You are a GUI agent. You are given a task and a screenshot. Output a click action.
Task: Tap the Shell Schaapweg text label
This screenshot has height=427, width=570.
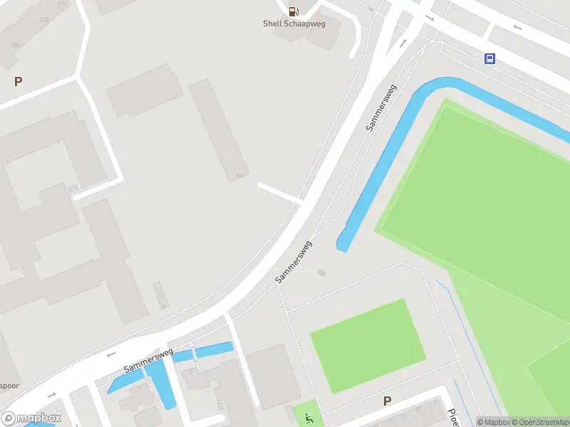pyautogui.click(x=293, y=23)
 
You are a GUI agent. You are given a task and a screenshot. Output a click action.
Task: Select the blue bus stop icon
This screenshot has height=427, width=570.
pyautogui.click(x=490, y=59)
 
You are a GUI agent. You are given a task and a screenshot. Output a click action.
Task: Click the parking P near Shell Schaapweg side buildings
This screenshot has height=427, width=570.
pyautogui.click(x=19, y=81)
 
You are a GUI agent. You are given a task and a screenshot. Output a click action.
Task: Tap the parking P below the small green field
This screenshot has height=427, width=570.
pyautogui.click(x=388, y=401)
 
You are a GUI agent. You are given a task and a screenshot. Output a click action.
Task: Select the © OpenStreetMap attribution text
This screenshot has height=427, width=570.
pyautogui.click(x=541, y=422)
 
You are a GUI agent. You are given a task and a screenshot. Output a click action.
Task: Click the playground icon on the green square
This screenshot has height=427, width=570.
pyautogui.click(x=309, y=418)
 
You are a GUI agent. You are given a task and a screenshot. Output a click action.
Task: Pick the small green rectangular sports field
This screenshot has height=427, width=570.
pyautogui.click(x=368, y=345)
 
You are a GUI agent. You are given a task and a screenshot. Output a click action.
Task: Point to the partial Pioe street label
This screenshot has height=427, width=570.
pyautogui.click(x=452, y=416)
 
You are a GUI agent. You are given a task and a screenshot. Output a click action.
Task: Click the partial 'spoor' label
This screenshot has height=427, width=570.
pyautogui.click(x=9, y=386)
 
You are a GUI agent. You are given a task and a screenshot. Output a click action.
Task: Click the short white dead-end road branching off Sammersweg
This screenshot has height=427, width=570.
pyautogui.click(x=280, y=192)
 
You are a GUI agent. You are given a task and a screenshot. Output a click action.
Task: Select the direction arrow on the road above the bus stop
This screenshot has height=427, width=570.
pyautogui.click(x=517, y=28)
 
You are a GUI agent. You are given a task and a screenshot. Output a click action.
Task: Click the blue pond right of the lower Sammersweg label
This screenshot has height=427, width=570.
pyautogui.click(x=214, y=350)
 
